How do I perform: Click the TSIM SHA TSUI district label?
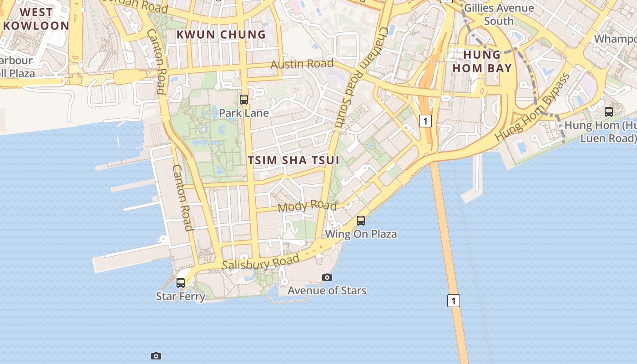pos(293,160)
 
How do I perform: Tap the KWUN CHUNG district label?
pos(221,35)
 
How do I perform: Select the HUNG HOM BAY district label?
pos(488,61)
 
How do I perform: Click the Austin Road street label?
pos(302,64)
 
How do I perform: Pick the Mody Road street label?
pos(307,206)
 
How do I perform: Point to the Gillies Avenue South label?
pos(499,15)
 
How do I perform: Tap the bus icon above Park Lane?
pos(244,100)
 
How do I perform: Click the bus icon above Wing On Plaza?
pos(361,221)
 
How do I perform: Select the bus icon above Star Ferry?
pos(181,283)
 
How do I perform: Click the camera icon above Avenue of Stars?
pos(327,277)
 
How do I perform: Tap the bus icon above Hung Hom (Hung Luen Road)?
pos(609,111)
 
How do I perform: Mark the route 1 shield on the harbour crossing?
pos(453,300)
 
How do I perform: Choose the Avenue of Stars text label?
pos(327,290)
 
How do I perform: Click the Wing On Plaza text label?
pos(361,234)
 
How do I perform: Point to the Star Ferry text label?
pos(181,296)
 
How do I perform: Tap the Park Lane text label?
pos(244,113)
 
